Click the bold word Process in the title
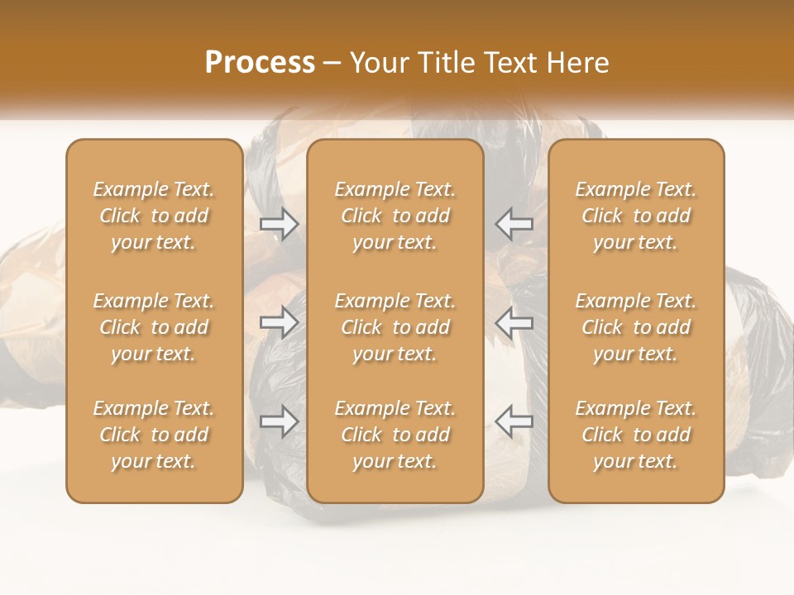pyautogui.click(x=260, y=63)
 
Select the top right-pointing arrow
pyautogui.click(x=279, y=223)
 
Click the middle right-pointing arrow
pyautogui.click(x=279, y=322)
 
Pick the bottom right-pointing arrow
pyautogui.click(x=279, y=421)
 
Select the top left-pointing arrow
pyautogui.click(x=514, y=223)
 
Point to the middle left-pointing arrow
pyautogui.click(x=514, y=322)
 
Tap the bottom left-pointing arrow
pyautogui.click(x=514, y=421)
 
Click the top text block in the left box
pyautogui.click(x=154, y=216)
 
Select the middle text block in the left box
pyautogui.click(x=154, y=327)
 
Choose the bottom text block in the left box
pyautogui.click(x=154, y=435)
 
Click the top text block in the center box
pyautogui.click(x=395, y=216)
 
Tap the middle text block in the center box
pyautogui.click(x=395, y=327)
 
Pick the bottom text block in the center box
pyautogui.click(x=395, y=435)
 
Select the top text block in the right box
pyautogui.click(x=636, y=216)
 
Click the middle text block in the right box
pyautogui.click(x=636, y=327)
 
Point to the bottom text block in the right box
pyautogui.click(x=636, y=435)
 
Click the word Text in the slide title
pyautogui.click(x=505, y=63)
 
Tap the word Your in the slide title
pyautogui.click(x=376, y=63)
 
